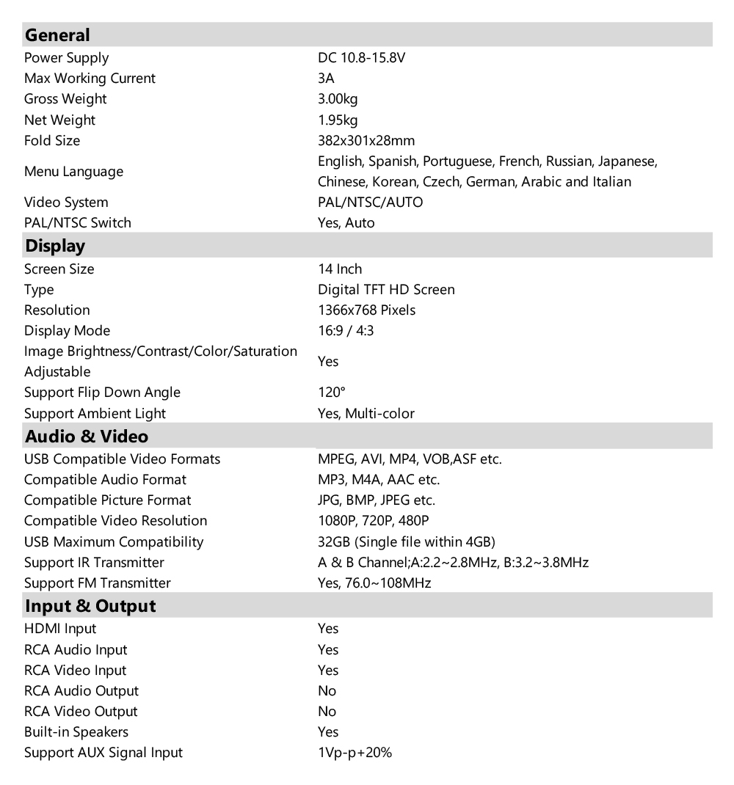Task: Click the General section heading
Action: [57, 35]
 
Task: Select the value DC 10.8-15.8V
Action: [361, 58]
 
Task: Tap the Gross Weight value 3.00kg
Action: [338, 99]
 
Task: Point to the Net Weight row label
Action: [59, 120]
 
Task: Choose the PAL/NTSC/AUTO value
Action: [370, 202]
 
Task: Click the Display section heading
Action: [55, 246]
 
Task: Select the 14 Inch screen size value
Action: [340, 269]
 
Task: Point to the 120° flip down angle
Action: [331, 392]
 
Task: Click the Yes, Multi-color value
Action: [366, 413]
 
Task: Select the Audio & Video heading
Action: [87, 437]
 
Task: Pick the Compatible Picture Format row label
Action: [107, 500]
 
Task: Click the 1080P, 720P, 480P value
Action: [373, 521]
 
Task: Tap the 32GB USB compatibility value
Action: [407, 542]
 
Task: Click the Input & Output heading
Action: [90, 606]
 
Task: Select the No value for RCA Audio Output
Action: [327, 691]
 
